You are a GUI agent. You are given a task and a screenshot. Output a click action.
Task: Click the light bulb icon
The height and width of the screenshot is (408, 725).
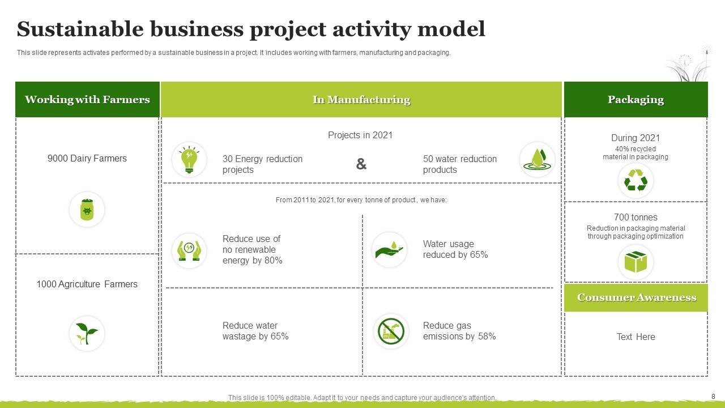(189, 159)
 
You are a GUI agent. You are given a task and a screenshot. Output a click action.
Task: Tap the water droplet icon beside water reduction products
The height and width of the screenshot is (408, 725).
(537, 159)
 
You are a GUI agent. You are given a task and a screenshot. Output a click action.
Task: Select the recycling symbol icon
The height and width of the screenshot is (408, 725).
(636, 181)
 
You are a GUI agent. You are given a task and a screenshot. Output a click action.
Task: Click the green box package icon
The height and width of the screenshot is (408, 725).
(636, 262)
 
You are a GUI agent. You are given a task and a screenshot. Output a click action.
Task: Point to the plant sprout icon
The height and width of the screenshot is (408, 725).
(87, 333)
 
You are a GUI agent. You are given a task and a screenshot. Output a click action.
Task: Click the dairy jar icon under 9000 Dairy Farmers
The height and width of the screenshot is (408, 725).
(87, 210)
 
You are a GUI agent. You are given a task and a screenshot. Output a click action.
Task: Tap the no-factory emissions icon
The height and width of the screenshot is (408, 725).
(391, 331)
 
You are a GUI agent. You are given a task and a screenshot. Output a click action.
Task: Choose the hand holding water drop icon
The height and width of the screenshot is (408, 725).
(389, 249)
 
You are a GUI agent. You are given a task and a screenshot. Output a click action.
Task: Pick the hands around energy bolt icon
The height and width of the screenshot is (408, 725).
(189, 250)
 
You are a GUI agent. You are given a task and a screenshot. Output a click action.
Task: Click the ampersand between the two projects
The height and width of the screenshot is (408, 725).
(361, 164)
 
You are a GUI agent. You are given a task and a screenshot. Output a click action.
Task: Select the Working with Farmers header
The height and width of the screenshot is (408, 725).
(87, 100)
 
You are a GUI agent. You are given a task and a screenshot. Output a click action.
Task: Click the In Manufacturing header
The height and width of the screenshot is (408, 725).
(361, 100)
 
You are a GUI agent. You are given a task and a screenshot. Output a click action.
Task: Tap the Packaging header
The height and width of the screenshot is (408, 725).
(636, 100)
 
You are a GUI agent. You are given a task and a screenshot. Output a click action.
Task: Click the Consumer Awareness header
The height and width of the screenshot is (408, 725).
(636, 297)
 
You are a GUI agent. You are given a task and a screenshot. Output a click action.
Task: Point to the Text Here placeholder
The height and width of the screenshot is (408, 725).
(636, 337)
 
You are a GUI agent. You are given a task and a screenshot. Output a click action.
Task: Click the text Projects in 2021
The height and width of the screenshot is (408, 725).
(360, 135)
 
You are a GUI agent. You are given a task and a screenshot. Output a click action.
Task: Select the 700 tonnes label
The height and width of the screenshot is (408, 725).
(636, 217)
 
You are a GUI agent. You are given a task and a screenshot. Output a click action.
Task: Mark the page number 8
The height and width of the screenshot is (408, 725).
(713, 397)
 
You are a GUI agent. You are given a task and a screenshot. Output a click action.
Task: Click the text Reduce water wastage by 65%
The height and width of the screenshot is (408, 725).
(255, 331)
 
